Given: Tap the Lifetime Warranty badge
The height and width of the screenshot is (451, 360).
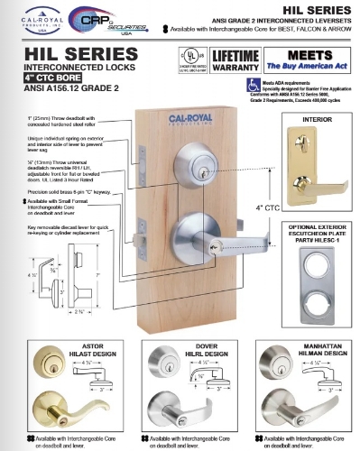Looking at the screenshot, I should coord(236,60).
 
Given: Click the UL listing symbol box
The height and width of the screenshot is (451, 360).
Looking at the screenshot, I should coord(192,60).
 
